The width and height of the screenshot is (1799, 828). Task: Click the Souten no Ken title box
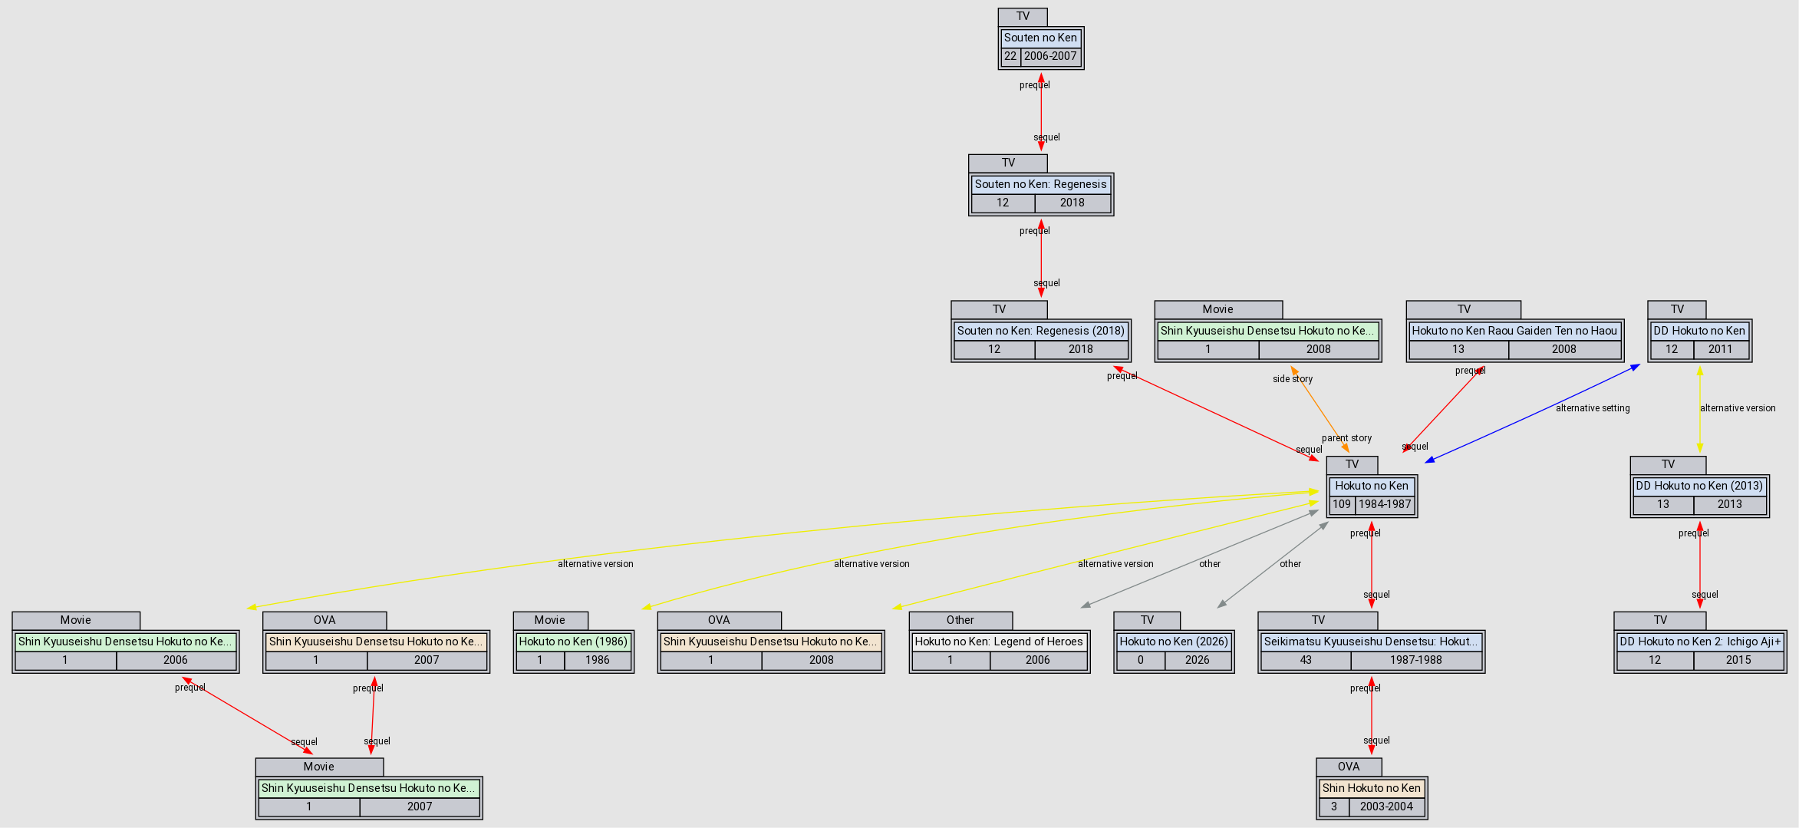[1040, 38]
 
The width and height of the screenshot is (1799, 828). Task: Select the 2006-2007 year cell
[1050, 56]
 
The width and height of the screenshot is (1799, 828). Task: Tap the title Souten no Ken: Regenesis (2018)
[1040, 331]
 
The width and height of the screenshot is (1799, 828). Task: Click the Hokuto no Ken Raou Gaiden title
[1514, 331]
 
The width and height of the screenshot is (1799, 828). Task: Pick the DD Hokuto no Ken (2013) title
[1699, 486]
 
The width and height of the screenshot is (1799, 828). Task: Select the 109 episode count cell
[1341, 504]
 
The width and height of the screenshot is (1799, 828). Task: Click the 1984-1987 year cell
[1385, 504]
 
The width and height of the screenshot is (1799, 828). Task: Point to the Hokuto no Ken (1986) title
[573, 642]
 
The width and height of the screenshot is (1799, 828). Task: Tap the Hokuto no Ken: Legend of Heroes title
[999, 642]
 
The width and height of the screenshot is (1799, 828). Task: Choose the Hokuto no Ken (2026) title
[1174, 642]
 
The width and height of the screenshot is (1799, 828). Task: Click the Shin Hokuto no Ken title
[1372, 788]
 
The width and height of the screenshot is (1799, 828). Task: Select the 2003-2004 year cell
[1386, 807]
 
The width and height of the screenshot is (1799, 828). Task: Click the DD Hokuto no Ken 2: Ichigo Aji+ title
[1700, 642]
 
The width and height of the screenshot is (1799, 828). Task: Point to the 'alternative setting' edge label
[1593, 408]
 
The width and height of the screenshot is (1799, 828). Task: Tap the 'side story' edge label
[1293, 379]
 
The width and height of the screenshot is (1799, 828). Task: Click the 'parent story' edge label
[1346, 438]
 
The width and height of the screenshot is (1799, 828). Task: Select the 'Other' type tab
[960, 620]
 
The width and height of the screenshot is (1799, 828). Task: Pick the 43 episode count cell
[1306, 660]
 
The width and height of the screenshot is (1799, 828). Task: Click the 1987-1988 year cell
[1415, 660]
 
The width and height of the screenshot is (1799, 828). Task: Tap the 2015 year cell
[1738, 660]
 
